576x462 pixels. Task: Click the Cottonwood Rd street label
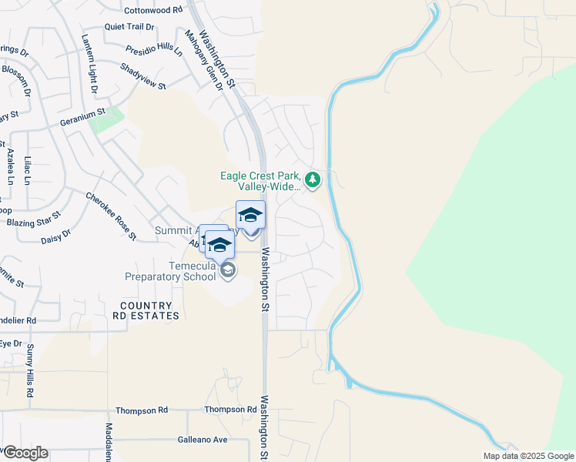pyautogui.click(x=154, y=10)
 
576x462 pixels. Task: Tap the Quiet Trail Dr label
pyautogui.click(x=129, y=26)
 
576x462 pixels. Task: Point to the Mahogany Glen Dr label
pyautogui.click(x=203, y=60)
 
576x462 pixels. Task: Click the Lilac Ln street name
pyautogui.click(x=28, y=170)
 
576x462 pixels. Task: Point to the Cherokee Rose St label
pyautogui.click(x=111, y=215)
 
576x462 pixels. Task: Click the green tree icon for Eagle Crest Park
pyautogui.click(x=312, y=180)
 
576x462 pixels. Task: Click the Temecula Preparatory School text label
pyautogui.click(x=172, y=271)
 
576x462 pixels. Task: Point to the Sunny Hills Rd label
pyautogui.click(x=30, y=372)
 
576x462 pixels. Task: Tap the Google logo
pyautogui.click(x=25, y=453)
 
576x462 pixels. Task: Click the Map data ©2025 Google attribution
pyautogui.click(x=528, y=456)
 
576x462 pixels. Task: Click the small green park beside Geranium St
pyautogui.click(x=108, y=120)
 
